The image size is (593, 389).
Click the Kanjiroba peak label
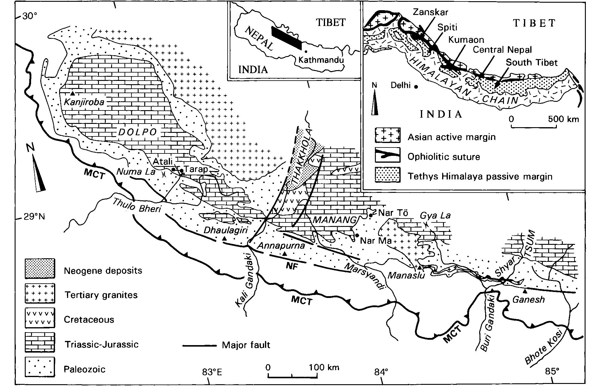click(84, 102)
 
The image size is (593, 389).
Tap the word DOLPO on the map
click(138, 132)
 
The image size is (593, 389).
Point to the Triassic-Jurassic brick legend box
click(40, 342)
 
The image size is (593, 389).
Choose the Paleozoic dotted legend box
click(40, 367)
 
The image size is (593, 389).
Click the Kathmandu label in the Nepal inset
click(321, 60)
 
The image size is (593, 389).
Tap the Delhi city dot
click(416, 86)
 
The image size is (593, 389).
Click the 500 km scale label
click(563, 119)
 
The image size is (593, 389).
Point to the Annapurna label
click(281, 246)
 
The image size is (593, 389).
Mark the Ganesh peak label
click(528, 299)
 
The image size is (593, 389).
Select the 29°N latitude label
click(34, 216)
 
